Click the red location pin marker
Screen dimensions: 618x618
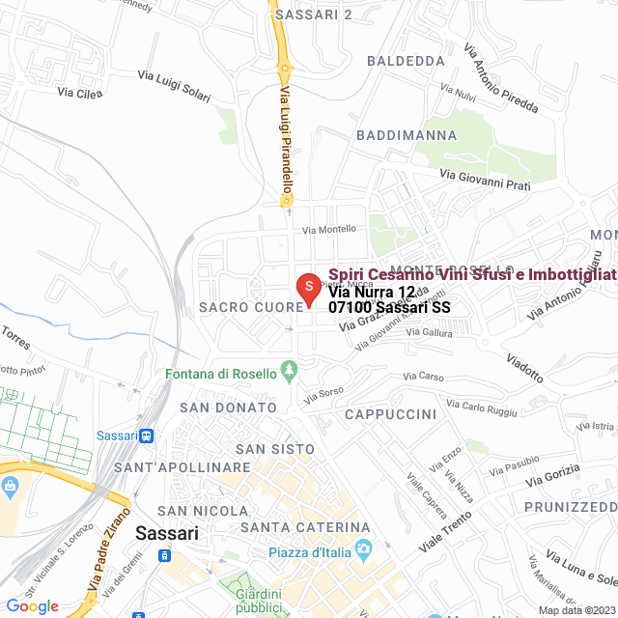pos(307,288)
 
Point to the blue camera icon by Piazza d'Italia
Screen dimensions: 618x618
pos(364,551)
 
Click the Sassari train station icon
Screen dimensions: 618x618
pos(146,435)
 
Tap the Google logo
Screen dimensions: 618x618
pos(32,605)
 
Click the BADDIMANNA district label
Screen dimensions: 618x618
pos(407,135)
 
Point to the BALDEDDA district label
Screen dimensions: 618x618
pos(407,60)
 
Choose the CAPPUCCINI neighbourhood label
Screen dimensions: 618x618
pos(390,414)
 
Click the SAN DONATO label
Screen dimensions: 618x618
pos(228,407)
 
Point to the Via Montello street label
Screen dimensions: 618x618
pos(329,229)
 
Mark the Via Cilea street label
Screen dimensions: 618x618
pos(80,93)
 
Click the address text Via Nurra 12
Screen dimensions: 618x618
pos(372,292)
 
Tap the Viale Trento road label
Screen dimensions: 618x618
pos(445,532)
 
